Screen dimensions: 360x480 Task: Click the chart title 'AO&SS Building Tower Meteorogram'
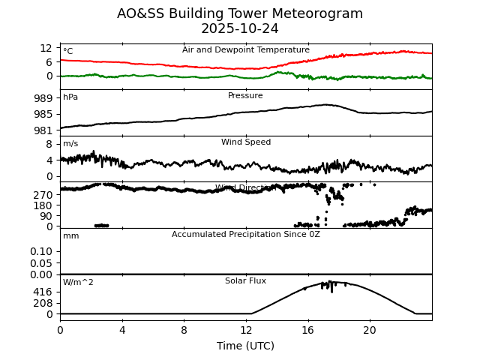[240, 14]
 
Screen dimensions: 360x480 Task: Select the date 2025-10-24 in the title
[240, 29]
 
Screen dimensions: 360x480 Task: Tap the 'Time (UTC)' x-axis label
[246, 346]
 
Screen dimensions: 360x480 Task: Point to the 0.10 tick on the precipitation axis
[40, 251]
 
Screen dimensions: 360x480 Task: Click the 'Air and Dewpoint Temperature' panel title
[246, 50]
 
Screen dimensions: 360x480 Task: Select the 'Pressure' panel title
[246, 96]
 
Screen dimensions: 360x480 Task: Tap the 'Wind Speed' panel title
[246, 142]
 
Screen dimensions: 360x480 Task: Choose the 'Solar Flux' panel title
[246, 281]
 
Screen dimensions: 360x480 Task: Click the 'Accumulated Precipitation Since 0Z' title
[246, 235]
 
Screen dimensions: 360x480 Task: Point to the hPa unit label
[70, 97]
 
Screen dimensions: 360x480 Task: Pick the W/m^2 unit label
[78, 283]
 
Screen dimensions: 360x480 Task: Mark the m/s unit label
[70, 144]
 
